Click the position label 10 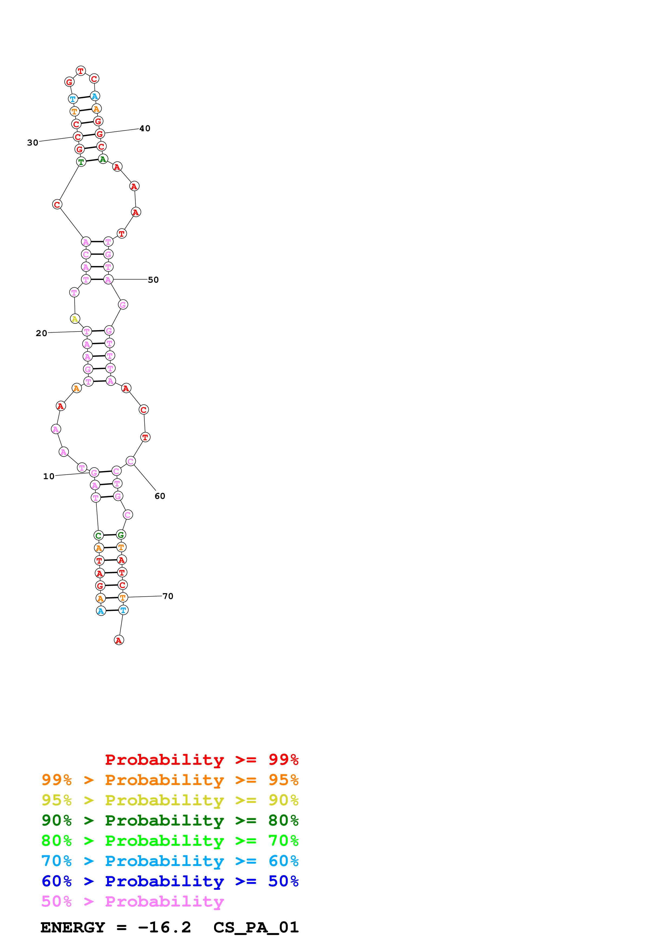[x=49, y=476]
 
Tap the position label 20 [x=41, y=333]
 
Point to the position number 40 [x=145, y=128]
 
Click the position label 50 [x=153, y=280]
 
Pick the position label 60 [x=160, y=496]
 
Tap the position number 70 [x=168, y=596]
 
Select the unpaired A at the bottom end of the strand [x=119, y=640]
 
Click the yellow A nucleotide [x=75, y=319]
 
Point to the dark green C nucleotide [x=98, y=535]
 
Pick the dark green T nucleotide [x=81, y=162]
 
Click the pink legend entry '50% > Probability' [x=132, y=902]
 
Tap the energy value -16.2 [x=164, y=928]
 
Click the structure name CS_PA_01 [x=256, y=928]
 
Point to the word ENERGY [x=73, y=928]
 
